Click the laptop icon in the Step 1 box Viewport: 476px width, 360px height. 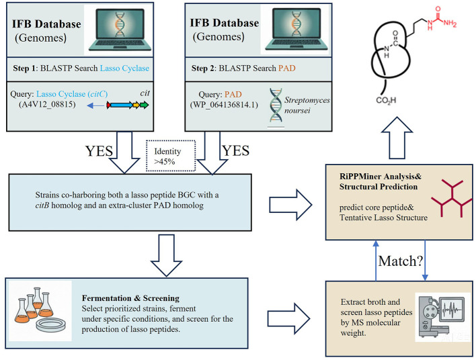(x=120, y=30)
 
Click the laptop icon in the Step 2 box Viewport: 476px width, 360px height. (x=296, y=29)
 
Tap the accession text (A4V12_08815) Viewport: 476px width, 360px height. (x=47, y=104)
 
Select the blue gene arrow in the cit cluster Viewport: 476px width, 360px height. (x=122, y=105)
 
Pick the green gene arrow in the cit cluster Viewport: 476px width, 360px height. (x=144, y=105)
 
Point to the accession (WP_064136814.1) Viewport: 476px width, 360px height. (x=224, y=105)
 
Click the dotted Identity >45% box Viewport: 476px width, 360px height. (x=171, y=156)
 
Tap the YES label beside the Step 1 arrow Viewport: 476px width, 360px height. (x=99, y=151)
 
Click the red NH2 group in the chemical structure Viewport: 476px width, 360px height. (x=450, y=23)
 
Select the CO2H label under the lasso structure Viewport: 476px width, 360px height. (x=386, y=100)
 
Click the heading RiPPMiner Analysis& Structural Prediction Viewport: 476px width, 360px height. (x=381, y=181)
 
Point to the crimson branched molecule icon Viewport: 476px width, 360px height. (x=452, y=197)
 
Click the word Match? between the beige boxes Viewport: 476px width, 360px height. (x=401, y=261)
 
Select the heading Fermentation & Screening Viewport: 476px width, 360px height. (x=130, y=298)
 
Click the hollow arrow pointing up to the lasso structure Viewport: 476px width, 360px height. (x=397, y=138)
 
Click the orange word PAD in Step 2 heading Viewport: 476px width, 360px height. (x=287, y=69)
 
